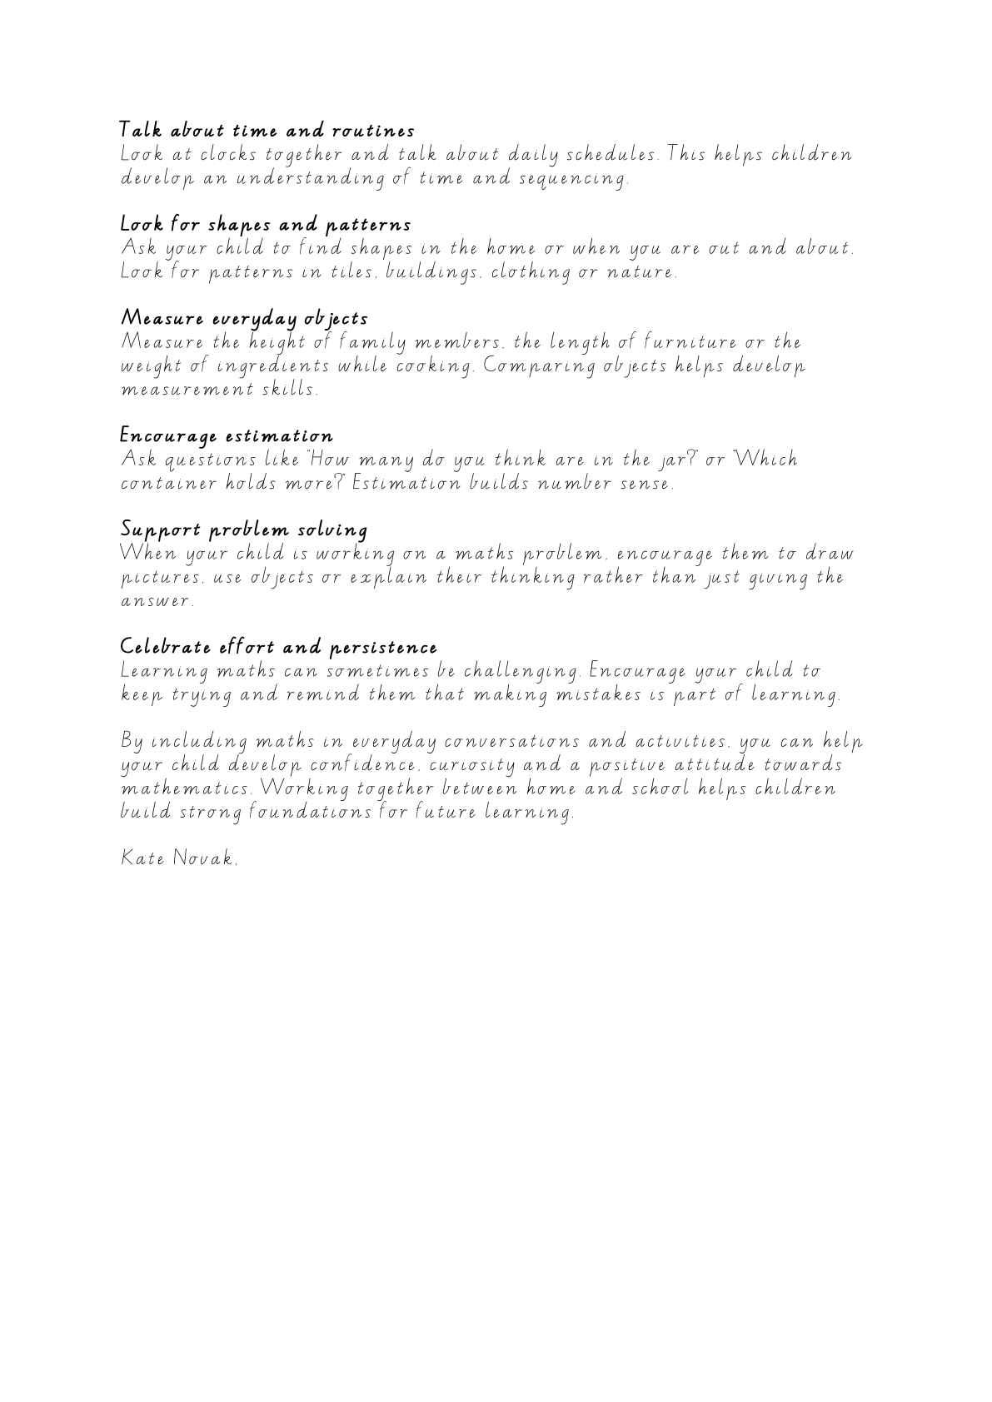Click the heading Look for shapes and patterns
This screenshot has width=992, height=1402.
[266, 225]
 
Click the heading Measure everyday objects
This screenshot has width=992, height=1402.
[244, 319]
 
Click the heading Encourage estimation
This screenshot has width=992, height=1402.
[227, 436]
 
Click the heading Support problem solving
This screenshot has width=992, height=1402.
[244, 530]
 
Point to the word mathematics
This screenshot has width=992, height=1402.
[187, 788]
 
